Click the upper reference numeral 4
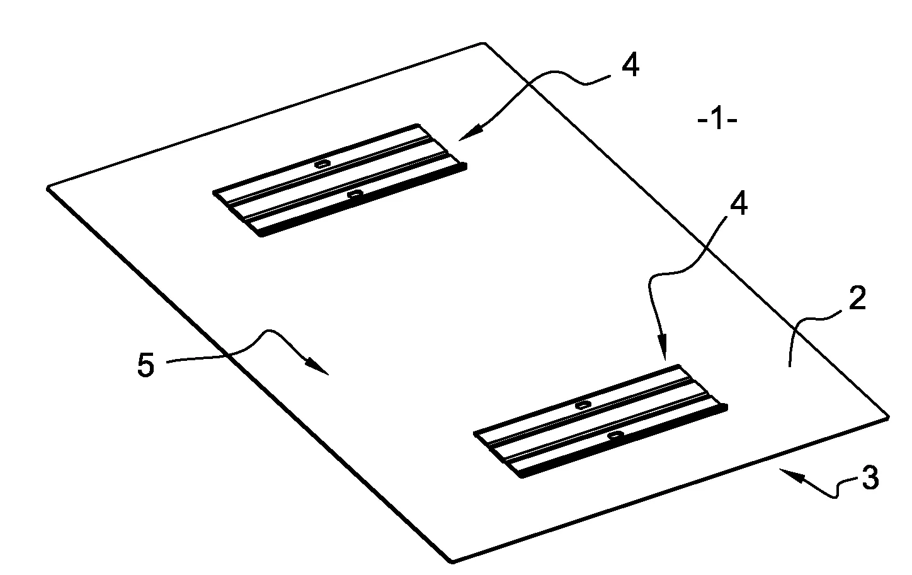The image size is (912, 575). (x=630, y=65)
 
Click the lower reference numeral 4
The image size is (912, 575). (x=739, y=203)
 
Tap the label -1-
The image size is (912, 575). (x=717, y=120)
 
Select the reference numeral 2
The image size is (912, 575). (x=857, y=299)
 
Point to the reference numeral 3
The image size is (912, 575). (x=870, y=477)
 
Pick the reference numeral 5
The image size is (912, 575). (x=145, y=365)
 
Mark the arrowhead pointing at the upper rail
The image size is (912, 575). (x=470, y=133)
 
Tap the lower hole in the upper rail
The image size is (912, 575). (x=355, y=194)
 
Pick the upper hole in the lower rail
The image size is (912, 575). (x=583, y=404)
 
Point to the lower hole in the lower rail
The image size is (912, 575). (x=615, y=435)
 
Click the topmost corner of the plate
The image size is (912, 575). (x=483, y=43)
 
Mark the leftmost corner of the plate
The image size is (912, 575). (x=48, y=188)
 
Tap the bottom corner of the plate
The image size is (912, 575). (x=452, y=562)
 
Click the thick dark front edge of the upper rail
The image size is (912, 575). (x=363, y=200)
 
